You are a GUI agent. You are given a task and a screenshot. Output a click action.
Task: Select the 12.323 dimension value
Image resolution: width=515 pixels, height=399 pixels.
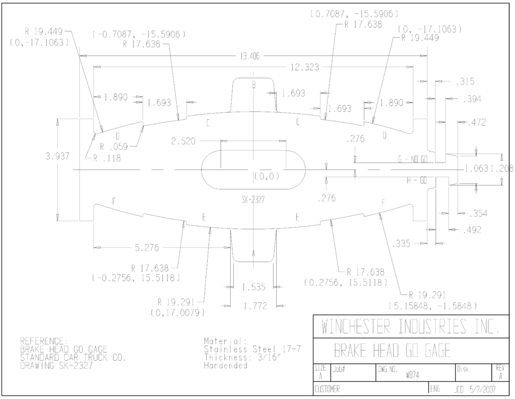(305, 67)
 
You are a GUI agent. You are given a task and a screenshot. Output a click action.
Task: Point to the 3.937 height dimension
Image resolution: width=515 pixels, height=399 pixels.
(57, 156)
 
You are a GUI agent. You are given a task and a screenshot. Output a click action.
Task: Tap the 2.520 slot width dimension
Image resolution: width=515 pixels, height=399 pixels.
(183, 141)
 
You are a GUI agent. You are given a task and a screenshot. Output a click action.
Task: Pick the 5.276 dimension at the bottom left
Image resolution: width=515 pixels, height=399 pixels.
(147, 248)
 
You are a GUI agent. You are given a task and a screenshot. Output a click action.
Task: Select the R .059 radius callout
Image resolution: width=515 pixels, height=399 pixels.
(114, 146)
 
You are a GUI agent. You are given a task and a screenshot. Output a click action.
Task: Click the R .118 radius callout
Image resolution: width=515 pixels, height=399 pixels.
(107, 158)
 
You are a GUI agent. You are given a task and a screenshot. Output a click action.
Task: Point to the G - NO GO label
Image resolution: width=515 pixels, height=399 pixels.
(412, 159)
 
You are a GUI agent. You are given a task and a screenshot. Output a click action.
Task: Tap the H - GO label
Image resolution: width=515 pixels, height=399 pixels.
(417, 181)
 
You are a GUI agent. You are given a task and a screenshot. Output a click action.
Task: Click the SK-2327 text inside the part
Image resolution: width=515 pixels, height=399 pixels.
(253, 200)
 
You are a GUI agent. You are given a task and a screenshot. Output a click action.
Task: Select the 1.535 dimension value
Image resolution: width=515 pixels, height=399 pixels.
(253, 287)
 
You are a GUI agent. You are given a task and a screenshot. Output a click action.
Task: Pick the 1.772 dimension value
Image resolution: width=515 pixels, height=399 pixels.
(255, 306)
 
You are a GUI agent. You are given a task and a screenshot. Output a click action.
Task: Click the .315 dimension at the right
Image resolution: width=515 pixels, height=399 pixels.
(465, 82)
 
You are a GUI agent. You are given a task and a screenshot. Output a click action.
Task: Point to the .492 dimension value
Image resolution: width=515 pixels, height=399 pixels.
(472, 230)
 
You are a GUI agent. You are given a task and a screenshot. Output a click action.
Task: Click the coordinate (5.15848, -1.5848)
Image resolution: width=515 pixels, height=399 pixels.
(433, 306)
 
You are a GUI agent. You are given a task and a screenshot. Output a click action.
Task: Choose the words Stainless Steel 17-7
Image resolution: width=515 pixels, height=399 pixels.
(252, 349)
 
